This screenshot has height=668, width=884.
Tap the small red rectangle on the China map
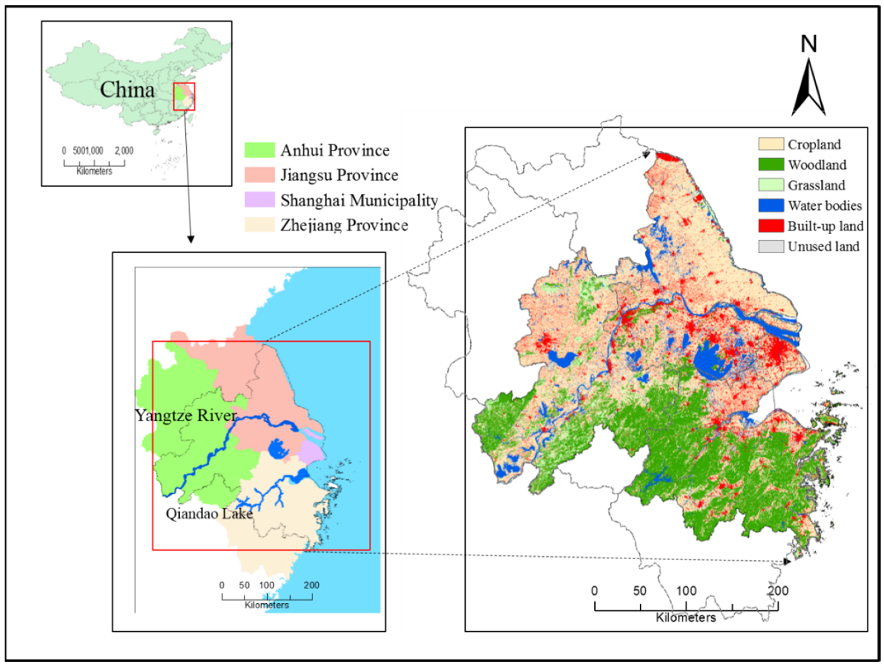click(x=184, y=96)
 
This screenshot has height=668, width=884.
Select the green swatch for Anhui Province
click(x=259, y=150)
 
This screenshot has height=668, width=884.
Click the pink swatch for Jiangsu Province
click(x=259, y=175)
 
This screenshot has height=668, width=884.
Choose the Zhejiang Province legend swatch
click(x=259, y=225)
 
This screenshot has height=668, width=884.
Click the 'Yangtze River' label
click(x=186, y=415)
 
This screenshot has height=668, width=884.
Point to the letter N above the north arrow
click(x=809, y=44)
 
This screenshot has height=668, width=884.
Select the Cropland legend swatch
click(x=771, y=144)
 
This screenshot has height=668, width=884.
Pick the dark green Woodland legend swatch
click(x=771, y=165)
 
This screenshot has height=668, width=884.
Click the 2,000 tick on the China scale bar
click(x=124, y=151)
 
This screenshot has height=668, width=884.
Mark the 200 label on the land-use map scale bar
click(x=778, y=591)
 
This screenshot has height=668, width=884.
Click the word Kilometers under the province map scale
click(x=267, y=605)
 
